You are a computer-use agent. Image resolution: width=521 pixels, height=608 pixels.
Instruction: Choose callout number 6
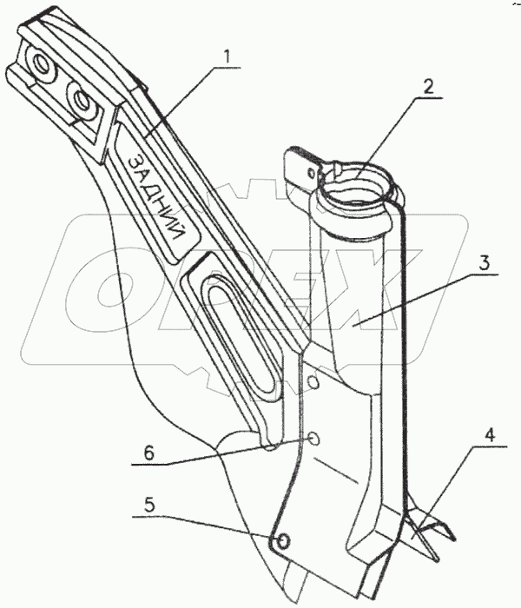tap(149, 452)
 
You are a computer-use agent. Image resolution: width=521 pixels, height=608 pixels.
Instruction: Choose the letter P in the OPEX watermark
tap(208, 287)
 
